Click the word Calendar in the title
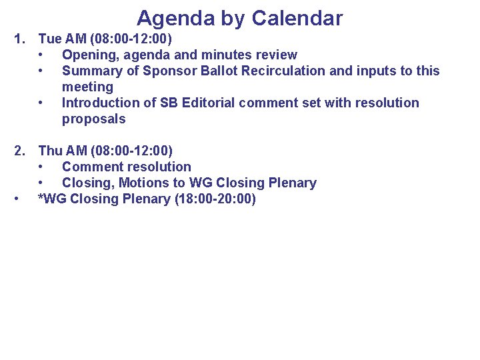(297, 18)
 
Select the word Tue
(50, 39)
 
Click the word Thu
(51, 151)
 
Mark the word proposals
(93, 119)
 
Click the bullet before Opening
(42, 55)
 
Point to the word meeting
(87, 87)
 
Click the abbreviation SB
(168, 103)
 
